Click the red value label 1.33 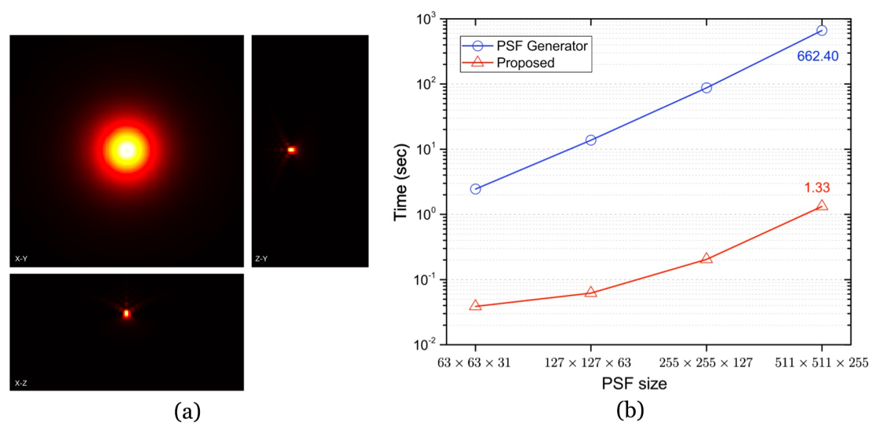coord(816,188)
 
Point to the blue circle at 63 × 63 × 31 coord(475,189)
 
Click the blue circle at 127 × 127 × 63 coord(590,140)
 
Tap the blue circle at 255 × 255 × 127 coord(706,88)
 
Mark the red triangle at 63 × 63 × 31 coord(475,305)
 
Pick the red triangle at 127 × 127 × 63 coord(590,292)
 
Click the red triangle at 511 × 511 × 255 coord(822,206)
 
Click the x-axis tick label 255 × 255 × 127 coord(706,363)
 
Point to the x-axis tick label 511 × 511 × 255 coord(822,363)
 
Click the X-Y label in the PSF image coord(21,257)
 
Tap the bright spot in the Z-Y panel coord(292,149)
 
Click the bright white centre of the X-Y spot coord(126,149)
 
